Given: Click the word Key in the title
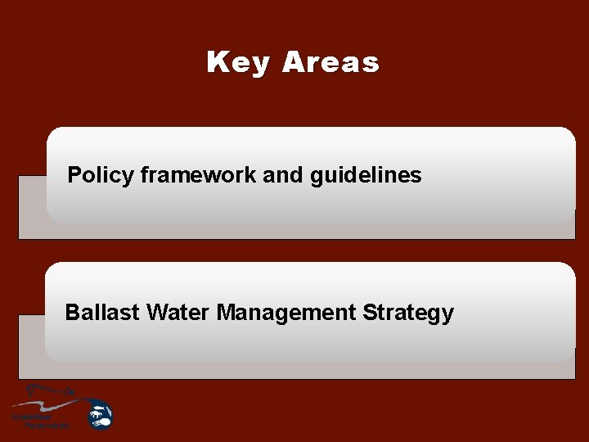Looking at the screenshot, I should (x=240, y=62).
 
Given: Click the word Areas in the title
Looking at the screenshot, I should (x=330, y=62).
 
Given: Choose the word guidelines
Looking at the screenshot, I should (x=366, y=175).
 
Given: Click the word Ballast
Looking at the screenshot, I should (x=101, y=313).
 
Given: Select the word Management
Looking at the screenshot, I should (x=286, y=313).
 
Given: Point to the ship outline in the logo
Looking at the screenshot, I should (x=49, y=391).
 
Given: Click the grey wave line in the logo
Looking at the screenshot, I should (x=45, y=406).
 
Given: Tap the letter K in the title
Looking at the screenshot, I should (x=217, y=62).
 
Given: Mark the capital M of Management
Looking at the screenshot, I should (x=225, y=313).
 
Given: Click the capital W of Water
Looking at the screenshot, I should (x=156, y=313).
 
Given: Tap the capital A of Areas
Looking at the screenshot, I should (x=293, y=62).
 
